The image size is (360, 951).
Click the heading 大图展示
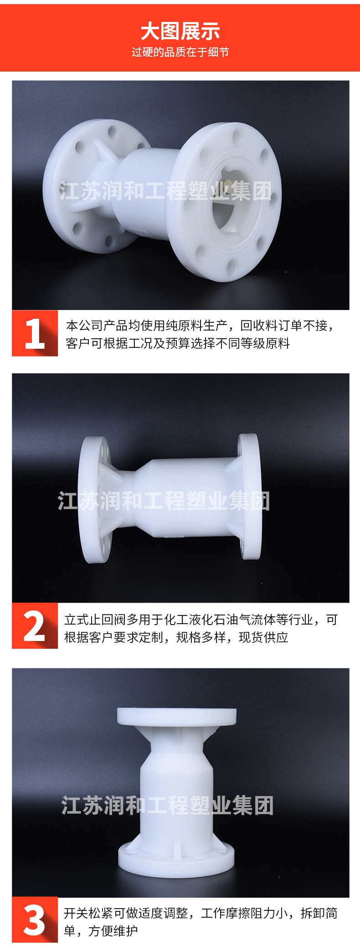point(180,31)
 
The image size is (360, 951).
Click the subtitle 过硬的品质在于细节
point(180,52)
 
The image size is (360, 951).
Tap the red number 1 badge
point(35,333)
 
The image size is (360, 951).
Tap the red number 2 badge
point(35,626)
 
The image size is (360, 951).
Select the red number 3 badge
point(35,920)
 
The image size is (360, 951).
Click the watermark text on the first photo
point(166,191)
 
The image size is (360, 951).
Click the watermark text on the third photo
point(167,806)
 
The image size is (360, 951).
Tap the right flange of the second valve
point(250,496)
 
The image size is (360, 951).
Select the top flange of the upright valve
point(177,717)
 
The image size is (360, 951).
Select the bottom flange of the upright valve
point(176,860)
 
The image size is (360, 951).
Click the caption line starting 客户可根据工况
point(178,343)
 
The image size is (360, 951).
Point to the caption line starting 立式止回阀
point(201,620)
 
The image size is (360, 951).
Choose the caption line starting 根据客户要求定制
point(176,637)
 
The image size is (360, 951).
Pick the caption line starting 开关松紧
point(201,913)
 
